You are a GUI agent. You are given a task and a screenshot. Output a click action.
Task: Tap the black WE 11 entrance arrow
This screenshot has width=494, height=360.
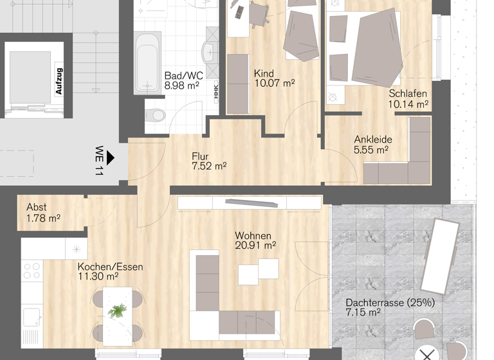coord(111,156)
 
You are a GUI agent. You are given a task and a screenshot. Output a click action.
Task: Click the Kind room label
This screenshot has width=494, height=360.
coord(264,73)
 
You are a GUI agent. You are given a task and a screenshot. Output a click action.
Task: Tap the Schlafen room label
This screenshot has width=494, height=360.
coord(408,94)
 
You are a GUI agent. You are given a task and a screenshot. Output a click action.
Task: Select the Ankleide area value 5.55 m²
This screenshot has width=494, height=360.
coord(371,150)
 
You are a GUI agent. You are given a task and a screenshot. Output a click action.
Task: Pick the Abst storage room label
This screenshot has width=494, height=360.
coord(36,208)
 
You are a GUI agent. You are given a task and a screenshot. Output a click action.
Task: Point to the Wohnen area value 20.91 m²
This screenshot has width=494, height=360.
coord(255,246)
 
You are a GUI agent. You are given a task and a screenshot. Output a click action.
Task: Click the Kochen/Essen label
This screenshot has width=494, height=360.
coord(110,267)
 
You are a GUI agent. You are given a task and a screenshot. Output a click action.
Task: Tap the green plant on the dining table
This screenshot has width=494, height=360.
coord(117,310)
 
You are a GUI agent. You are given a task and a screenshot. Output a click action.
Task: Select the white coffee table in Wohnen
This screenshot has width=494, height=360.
coord(258,271)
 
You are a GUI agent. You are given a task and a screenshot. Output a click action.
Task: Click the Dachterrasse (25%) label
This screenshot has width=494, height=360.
coord(390,302)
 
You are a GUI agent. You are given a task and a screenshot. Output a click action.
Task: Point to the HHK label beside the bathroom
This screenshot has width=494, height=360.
coord(216,93)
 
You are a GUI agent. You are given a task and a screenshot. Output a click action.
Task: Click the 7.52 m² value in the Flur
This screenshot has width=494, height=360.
coord(208,166)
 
